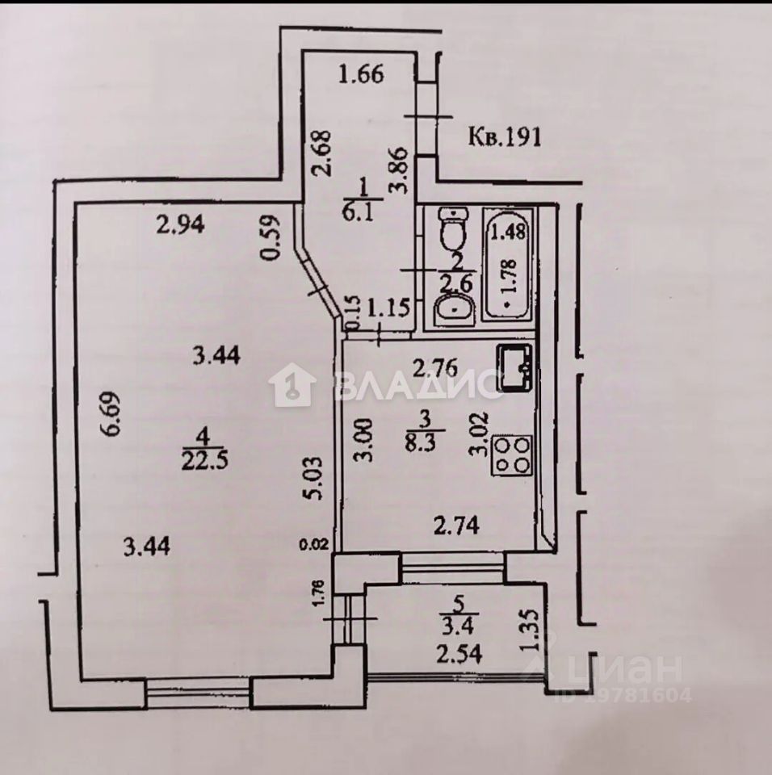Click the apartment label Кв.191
point(504,136)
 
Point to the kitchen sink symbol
point(514,368)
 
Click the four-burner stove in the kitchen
point(513,455)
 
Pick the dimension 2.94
point(182,226)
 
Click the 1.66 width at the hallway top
point(360,77)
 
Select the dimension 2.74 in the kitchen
point(457,527)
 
